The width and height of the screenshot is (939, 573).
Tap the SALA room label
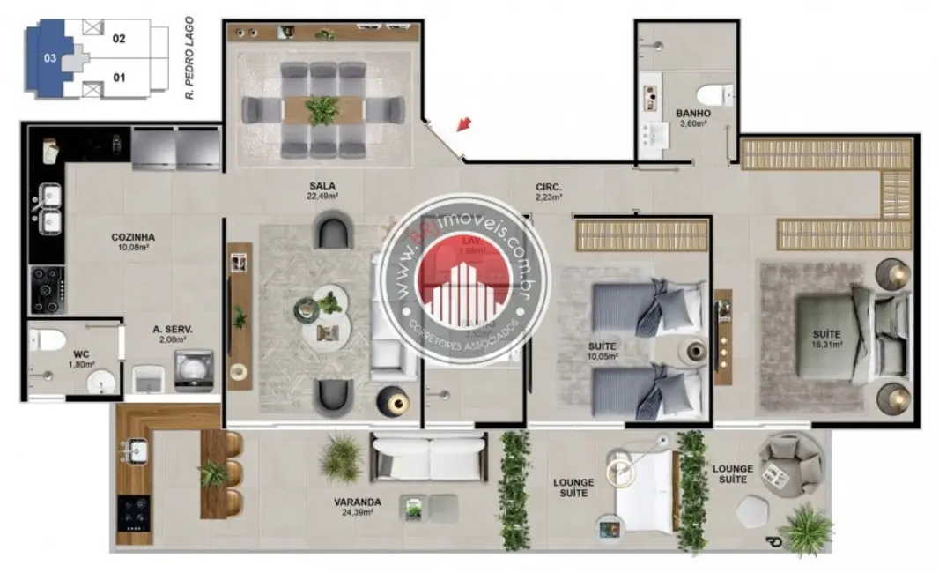pos(321,185)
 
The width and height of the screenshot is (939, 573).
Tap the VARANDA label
pos(357,502)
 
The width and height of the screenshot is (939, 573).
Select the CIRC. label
pos(549,187)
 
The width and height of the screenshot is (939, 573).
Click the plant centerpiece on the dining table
pos(322,110)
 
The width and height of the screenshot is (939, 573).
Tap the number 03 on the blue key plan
pos(50,59)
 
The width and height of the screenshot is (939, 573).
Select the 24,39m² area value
pos(357,513)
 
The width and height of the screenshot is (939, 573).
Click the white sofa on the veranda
pos(428,457)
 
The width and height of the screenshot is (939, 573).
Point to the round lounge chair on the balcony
pos(791,463)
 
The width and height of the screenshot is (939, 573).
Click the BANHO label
pos(693,114)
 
